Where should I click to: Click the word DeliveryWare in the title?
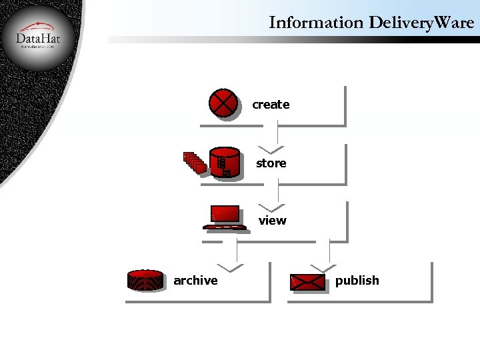coord(421,23)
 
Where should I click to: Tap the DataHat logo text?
coord(38,39)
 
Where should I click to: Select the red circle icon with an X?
coord(223,103)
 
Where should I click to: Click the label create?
coord(271,105)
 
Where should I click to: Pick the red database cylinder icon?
coord(225,163)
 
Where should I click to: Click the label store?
coord(271,163)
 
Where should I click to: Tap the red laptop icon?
coord(224,217)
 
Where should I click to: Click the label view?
coord(272,221)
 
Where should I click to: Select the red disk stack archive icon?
coord(145,281)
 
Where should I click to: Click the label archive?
coord(195,281)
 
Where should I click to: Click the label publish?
coord(357,281)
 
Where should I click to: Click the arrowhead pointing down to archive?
coord(230,267)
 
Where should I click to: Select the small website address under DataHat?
coord(38,48)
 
